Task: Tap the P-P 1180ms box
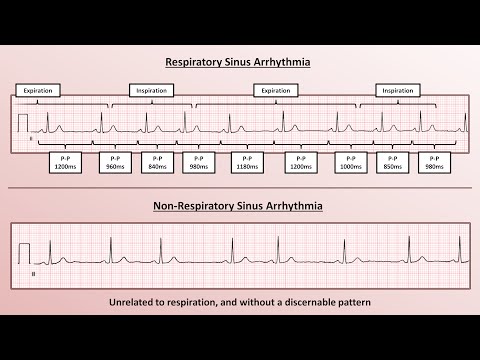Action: (246, 163)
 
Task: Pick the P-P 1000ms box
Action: (351, 163)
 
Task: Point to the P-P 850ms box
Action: (392, 163)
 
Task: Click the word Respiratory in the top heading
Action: (196, 62)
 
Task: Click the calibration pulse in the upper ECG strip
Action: (24, 123)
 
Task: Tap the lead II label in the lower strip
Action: (34, 270)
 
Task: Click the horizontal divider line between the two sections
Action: (240, 188)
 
